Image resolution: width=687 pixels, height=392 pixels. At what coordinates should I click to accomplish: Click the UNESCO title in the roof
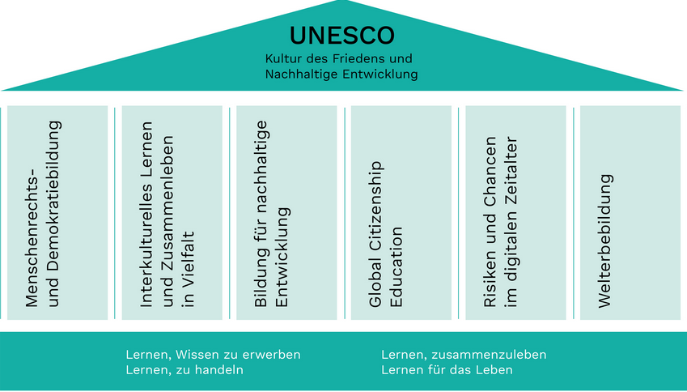pos(342,36)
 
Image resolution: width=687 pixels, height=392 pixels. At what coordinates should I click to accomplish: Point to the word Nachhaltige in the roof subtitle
pos(302,74)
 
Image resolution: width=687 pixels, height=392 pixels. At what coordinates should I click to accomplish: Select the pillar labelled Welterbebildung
pos(630,213)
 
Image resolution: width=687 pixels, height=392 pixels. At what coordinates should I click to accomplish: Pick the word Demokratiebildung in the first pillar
pos(53,214)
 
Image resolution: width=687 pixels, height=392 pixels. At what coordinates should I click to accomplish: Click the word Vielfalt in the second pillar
pos(189,269)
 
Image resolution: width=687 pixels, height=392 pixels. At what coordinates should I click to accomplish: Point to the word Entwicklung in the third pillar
pos(282,257)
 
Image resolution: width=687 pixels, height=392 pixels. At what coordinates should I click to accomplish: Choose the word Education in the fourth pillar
pos(397,266)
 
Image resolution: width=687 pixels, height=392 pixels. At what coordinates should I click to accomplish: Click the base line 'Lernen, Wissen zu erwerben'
pos(214,355)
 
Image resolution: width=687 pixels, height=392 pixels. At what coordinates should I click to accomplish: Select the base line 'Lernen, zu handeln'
pos(184,370)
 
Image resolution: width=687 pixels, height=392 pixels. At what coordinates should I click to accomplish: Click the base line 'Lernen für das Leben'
pos(447,370)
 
